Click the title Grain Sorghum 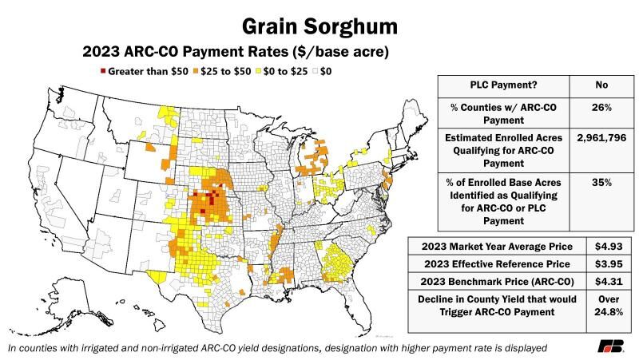[x=319, y=26]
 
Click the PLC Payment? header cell [x=502, y=87]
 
